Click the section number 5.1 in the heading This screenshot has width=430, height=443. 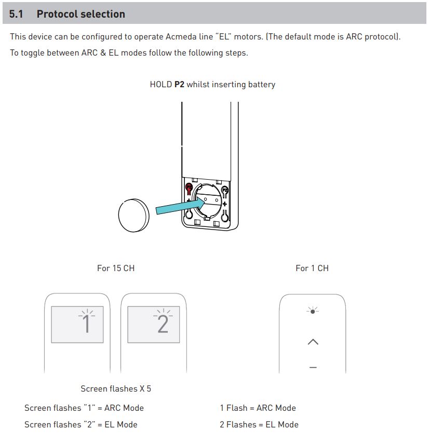pos(16,14)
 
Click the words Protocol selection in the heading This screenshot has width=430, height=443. pos(80,14)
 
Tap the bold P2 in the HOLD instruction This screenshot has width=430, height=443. pos(179,84)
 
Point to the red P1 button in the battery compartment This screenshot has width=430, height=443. pos(189,187)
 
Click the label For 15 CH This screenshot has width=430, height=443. pos(116,268)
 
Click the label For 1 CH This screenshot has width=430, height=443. pos(312,268)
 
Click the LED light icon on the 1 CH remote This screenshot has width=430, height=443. pos(313,311)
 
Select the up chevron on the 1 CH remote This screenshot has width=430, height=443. pos(313,342)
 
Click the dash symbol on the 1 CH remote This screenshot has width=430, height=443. pos(313,367)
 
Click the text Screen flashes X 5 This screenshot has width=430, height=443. pos(116,388)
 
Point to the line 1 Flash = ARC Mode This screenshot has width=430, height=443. pos(258,408)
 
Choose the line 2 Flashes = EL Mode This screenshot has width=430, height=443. pos(259,424)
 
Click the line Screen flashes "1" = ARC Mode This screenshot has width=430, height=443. pos(84,408)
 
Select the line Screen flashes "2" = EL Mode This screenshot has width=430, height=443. pos(81,424)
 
